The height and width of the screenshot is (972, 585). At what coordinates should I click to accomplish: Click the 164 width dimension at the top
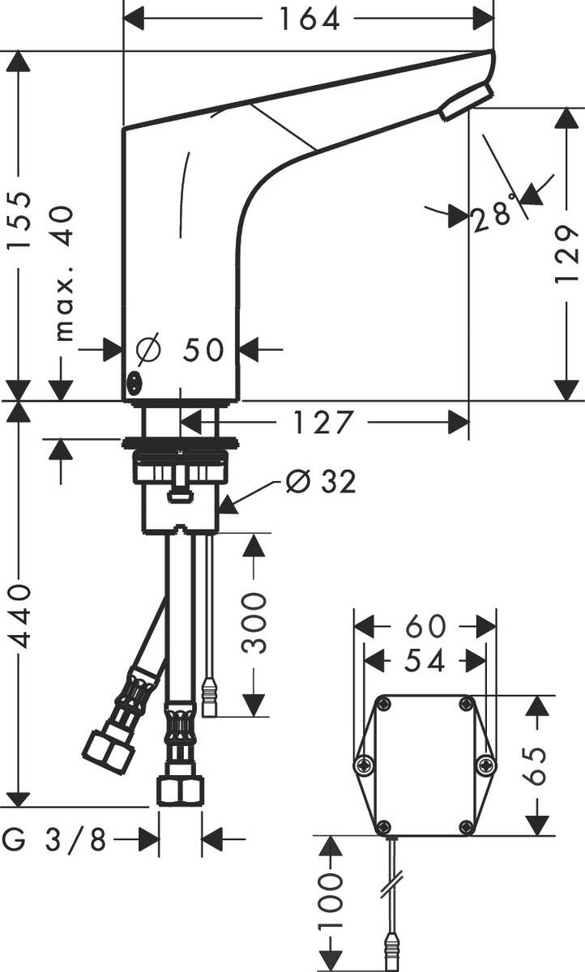pyautogui.click(x=310, y=18)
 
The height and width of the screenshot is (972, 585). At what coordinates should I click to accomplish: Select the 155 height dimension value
pyautogui.click(x=19, y=221)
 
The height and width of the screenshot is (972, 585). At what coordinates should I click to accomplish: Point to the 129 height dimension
pyautogui.click(x=567, y=254)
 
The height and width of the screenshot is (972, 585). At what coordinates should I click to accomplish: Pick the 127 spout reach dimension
pyautogui.click(x=323, y=422)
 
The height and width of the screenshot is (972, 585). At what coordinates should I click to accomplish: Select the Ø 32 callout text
pyautogui.click(x=321, y=482)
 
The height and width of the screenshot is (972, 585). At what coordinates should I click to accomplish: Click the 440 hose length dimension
pyautogui.click(x=19, y=615)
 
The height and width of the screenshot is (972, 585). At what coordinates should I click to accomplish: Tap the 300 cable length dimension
pyautogui.click(x=254, y=622)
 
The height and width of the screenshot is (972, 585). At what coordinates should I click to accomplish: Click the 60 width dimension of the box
pyautogui.click(x=425, y=626)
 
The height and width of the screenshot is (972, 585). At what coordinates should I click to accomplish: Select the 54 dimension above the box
pyautogui.click(x=425, y=661)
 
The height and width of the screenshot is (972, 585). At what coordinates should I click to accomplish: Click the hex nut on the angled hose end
pyautogui.click(x=108, y=752)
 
